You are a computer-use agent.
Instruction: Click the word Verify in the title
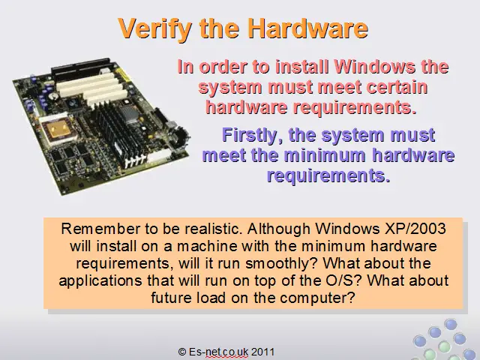tap(154, 28)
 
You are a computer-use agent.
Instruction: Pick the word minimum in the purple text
tap(325, 155)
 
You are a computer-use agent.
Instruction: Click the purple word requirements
tap(328, 175)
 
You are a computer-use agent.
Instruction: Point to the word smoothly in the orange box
tap(281, 263)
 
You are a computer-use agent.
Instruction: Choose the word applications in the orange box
tap(100, 281)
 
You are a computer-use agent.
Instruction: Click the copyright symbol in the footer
tap(181, 352)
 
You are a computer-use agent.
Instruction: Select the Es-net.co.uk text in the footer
tap(218, 352)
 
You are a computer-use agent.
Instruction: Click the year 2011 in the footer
tap(262, 352)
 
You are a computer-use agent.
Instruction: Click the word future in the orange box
tap(172, 298)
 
